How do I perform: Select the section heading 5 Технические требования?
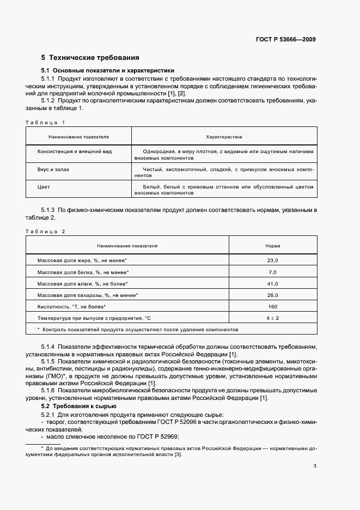click(x=90, y=57)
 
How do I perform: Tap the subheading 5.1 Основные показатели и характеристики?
click(x=108, y=70)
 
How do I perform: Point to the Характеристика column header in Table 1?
click(x=224, y=137)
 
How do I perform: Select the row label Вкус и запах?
click(x=53, y=170)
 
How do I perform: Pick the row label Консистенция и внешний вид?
click(x=75, y=151)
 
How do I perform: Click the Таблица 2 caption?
click(x=46, y=232)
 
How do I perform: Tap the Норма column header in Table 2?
click(x=272, y=246)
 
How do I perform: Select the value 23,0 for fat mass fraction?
click(x=272, y=260)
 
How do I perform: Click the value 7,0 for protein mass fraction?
click(x=272, y=272)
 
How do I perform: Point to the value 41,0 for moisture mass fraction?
click(x=272, y=284)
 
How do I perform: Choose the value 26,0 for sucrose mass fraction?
click(x=272, y=295)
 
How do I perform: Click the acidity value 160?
click(x=272, y=307)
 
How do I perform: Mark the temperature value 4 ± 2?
click(x=272, y=318)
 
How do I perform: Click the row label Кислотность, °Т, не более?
click(x=70, y=307)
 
